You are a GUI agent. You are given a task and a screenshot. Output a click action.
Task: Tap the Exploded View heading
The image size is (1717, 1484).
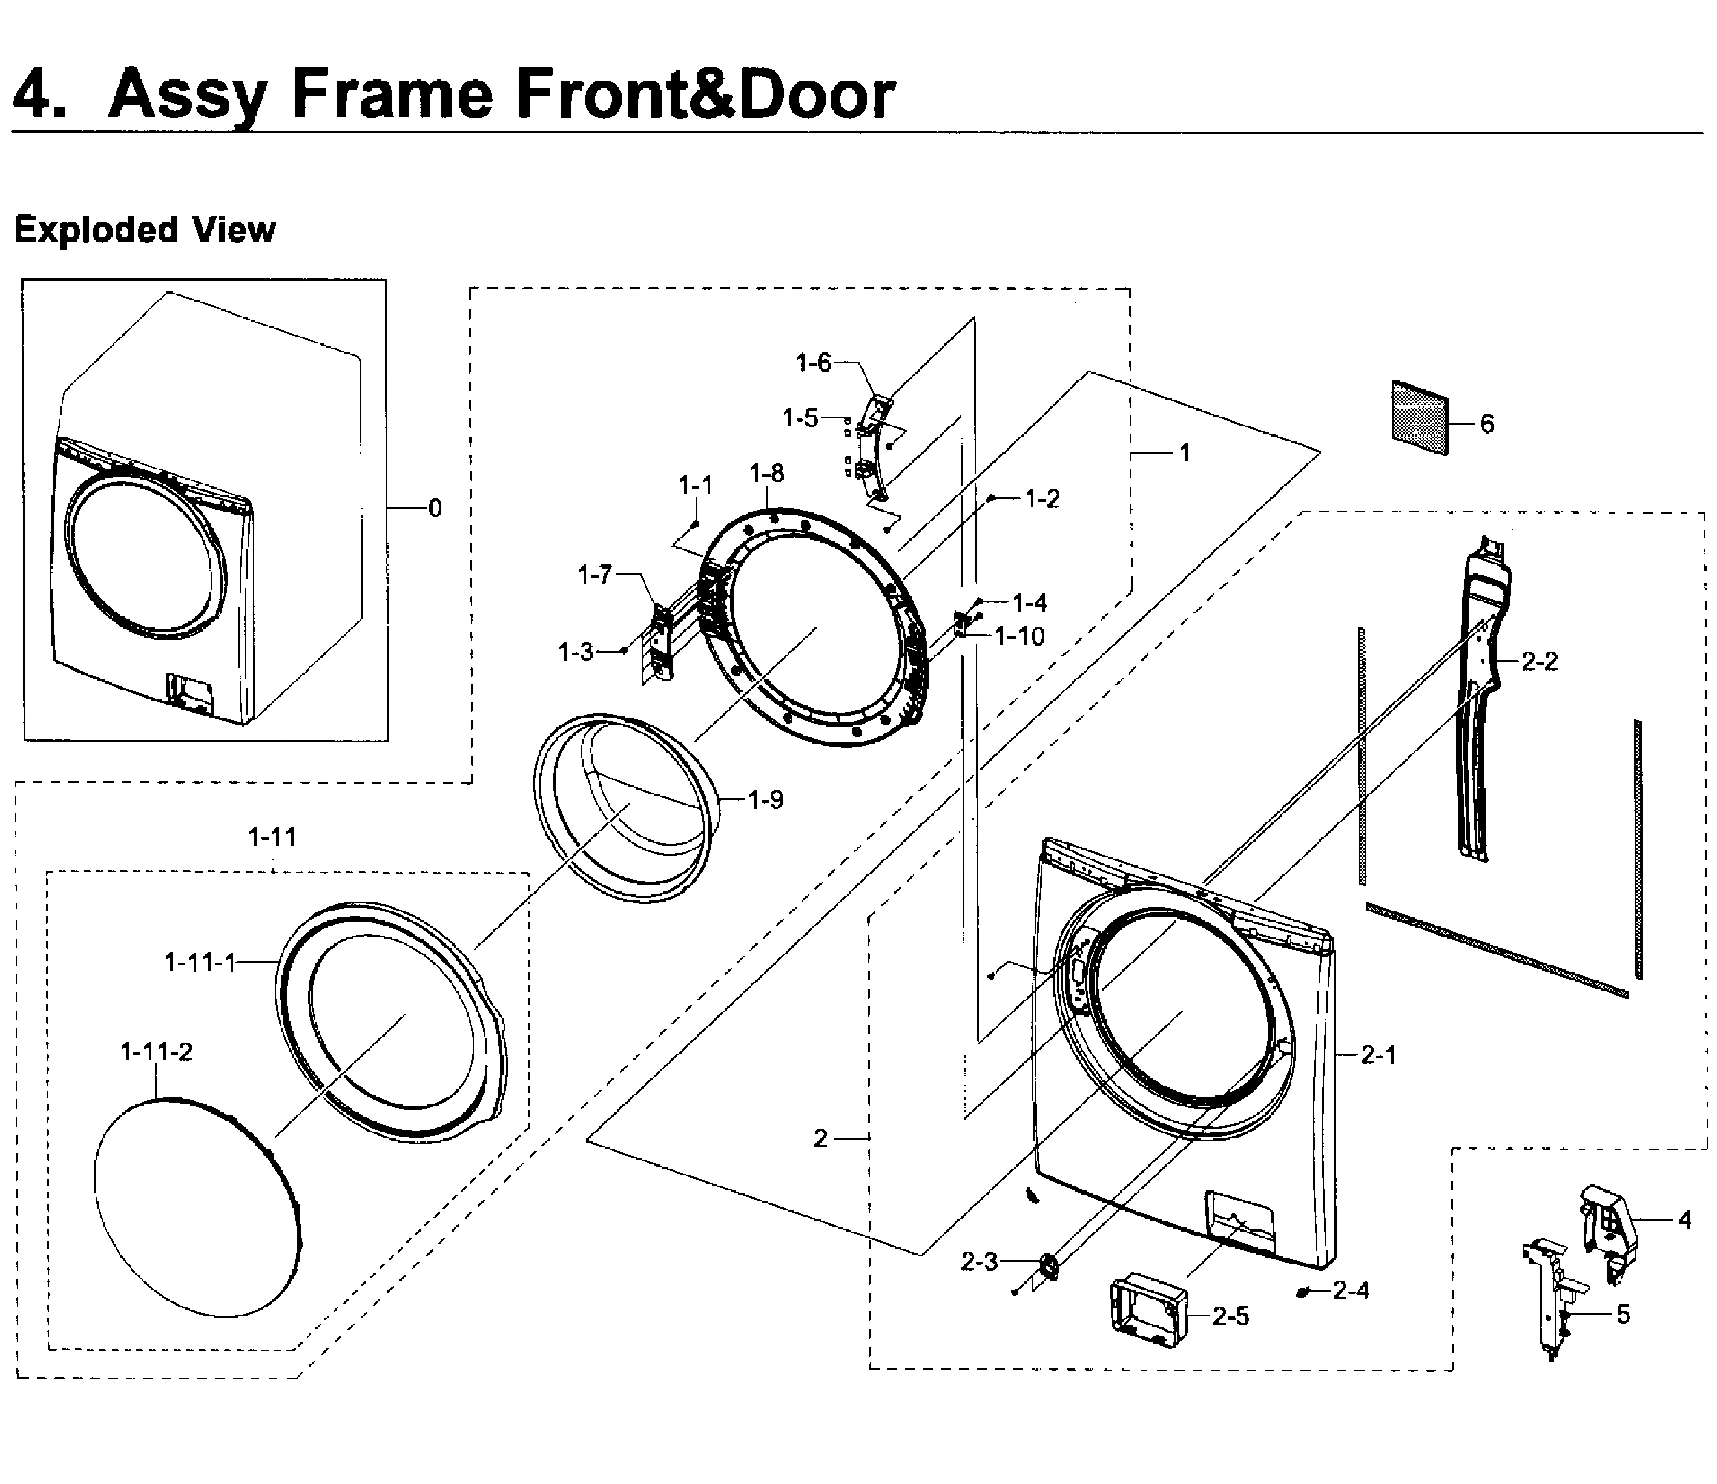coord(145,229)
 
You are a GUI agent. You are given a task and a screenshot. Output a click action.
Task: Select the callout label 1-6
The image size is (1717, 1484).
coord(813,362)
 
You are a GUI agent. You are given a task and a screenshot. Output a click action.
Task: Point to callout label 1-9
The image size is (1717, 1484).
coord(765,800)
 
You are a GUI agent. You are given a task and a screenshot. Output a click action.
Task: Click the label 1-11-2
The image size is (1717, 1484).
coord(156,1052)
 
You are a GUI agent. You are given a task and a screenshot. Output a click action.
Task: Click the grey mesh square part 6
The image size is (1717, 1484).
coord(1420,417)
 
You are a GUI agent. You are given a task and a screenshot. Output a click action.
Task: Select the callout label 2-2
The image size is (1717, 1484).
coord(1539,661)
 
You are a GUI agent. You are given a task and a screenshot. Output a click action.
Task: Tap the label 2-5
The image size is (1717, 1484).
coord(1230,1316)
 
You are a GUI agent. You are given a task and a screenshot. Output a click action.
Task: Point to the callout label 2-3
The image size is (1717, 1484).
coord(979,1261)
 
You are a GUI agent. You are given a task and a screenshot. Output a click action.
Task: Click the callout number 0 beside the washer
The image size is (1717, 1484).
coord(435,508)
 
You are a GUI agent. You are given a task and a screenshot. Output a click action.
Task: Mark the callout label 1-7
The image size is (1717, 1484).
coord(595,574)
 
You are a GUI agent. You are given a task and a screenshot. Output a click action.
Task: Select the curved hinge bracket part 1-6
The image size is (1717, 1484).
coord(873,448)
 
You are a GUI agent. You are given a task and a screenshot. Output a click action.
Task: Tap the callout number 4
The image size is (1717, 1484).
coord(1684,1220)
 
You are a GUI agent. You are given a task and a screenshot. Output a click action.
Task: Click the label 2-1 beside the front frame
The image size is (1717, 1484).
coord(1379,1055)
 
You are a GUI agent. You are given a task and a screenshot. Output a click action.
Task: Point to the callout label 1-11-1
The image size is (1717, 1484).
coord(201,962)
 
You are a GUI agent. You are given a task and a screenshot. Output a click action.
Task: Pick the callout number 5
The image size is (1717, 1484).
coord(1623,1315)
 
